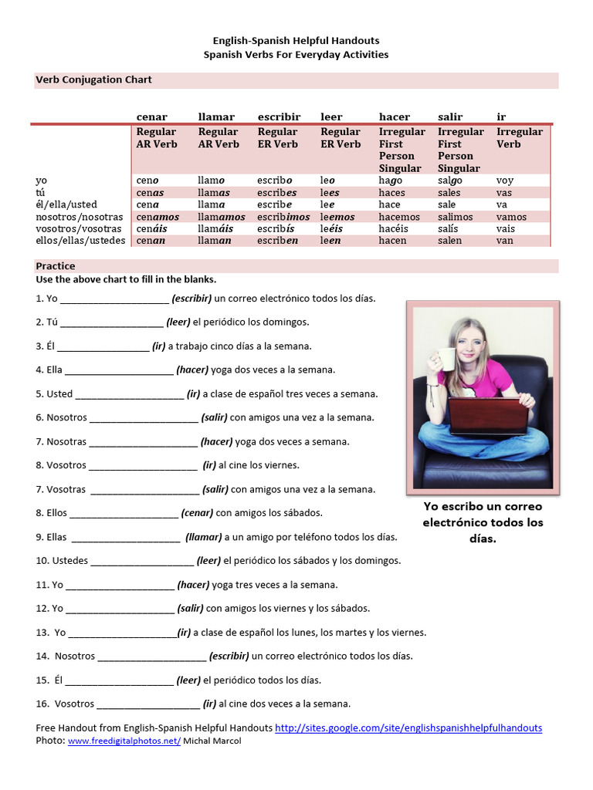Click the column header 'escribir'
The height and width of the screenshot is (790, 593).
coord(279,116)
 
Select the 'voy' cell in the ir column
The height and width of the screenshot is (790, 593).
coord(505,181)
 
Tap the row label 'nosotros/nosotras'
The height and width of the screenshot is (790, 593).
coord(80,217)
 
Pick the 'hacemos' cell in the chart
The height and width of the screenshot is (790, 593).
coord(395,217)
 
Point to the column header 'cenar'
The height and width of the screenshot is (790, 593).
coord(151,116)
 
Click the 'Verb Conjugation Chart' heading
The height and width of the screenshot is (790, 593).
coord(94,79)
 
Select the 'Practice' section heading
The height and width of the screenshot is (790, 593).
coord(56,266)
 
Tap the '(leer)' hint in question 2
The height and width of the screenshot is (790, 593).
coord(178,322)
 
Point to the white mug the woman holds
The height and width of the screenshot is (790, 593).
coord(446,360)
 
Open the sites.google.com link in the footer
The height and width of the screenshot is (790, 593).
coord(408,728)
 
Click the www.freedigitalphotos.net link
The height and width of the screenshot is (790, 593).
coord(124,741)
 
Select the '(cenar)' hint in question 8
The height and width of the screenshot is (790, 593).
coord(197,513)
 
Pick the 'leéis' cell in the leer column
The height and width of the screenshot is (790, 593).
coord(333,229)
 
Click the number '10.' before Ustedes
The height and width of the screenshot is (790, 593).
coord(42,561)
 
